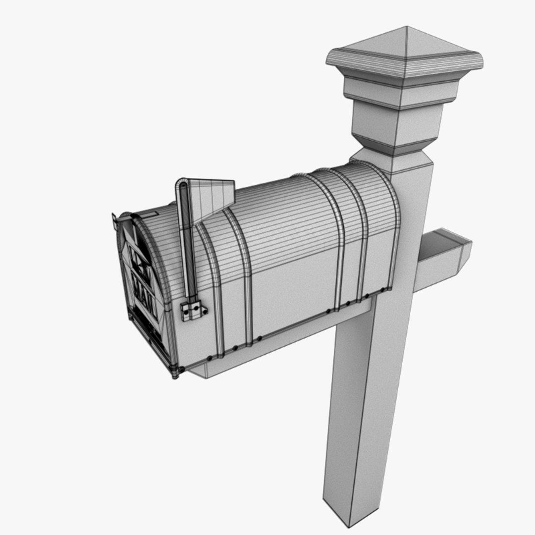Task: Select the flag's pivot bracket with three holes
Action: (193, 311)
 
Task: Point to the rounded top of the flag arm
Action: (182, 186)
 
